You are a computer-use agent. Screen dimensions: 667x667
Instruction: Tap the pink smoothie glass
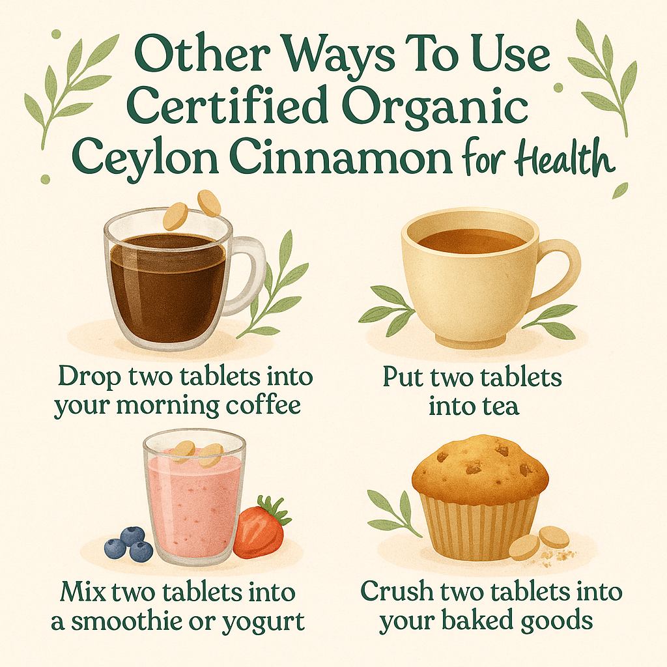coord(194,502)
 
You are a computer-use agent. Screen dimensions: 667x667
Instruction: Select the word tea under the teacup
coord(502,406)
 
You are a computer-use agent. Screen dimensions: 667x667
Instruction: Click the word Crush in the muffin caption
coord(393,593)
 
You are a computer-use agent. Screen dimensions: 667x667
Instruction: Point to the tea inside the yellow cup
coord(470,240)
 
